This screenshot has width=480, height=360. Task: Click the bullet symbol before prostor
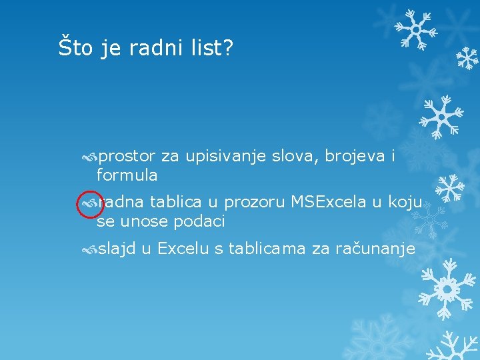click(89, 157)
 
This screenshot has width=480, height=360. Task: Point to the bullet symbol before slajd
click(89, 250)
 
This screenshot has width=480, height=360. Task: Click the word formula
click(127, 175)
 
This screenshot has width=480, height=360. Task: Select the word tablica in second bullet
click(176, 202)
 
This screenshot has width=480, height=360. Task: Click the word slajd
click(117, 249)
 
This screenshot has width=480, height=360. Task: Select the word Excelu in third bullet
click(183, 249)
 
